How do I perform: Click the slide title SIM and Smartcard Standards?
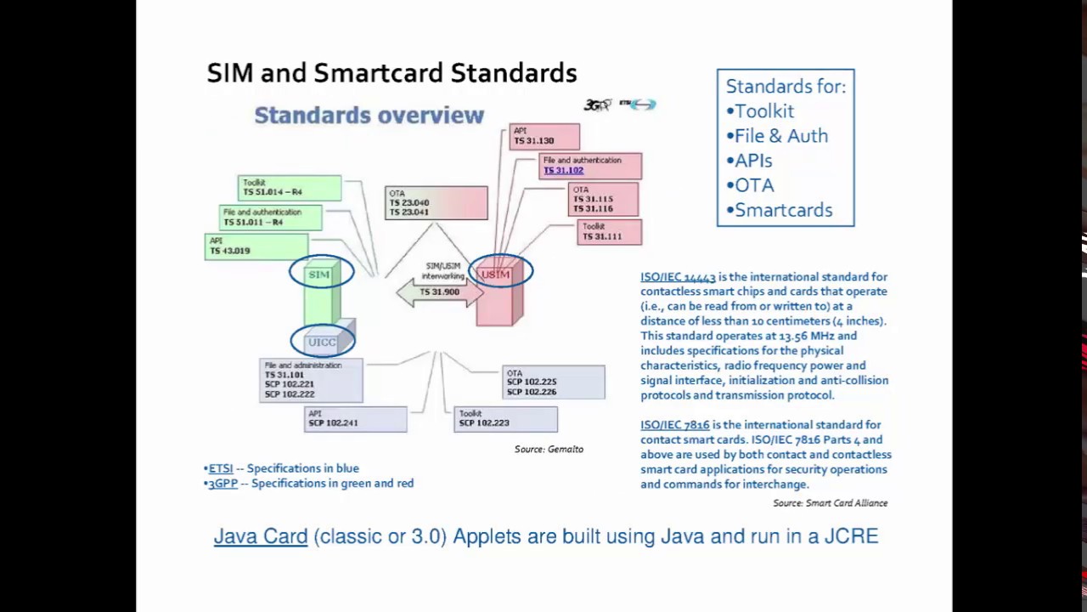tap(391, 73)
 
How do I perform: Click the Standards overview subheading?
tap(369, 116)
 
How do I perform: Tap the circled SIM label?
tap(320, 274)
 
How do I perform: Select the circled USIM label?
tap(498, 274)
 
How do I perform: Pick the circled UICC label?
tap(323, 342)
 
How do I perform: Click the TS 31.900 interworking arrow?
tap(438, 292)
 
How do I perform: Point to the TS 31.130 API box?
tap(543, 136)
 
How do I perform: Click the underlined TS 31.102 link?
tap(563, 170)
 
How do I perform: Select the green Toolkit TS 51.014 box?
tap(289, 188)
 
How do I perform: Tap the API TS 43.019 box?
tap(255, 246)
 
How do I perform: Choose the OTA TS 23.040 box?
tap(436, 203)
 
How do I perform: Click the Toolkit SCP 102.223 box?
tap(505, 418)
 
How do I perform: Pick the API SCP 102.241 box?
tap(355, 418)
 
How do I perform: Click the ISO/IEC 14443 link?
tap(678, 277)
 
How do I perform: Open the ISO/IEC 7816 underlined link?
tap(674, 425)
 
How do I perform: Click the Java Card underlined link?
tap(260, 536)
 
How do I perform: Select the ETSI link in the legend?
tap(221, 468)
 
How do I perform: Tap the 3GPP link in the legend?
tap(223, 484)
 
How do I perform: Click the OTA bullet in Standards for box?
tap(753, 185)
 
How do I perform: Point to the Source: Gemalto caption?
tap(549, 449)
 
